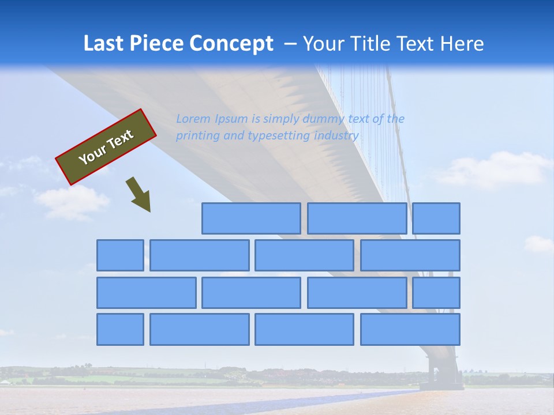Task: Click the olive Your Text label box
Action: pos(106,147)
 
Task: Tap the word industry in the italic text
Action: pos(336,135)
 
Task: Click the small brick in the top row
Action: pos(436,218)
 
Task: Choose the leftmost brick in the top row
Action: pos(251,218)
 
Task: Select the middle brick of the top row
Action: pos(357,218)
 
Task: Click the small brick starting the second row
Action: pos(120,255)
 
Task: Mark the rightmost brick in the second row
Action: pos(410,255)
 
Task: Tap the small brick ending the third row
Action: pos(436,293)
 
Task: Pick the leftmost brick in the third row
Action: pos(146,293)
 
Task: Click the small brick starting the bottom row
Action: pos(120,330)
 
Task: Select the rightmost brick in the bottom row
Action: pos(410,330)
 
